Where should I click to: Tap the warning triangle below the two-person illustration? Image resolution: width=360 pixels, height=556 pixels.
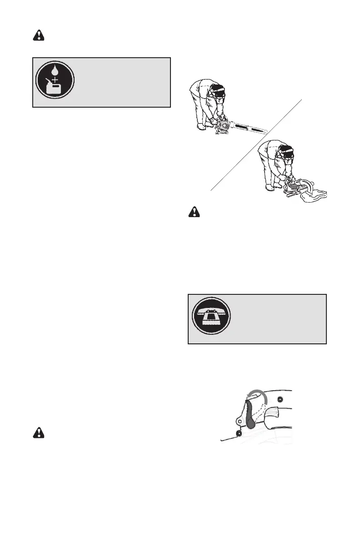(194, 213)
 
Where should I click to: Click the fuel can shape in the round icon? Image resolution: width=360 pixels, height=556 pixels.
(54, 90)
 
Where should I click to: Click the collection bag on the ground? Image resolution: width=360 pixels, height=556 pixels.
(314, 196)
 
